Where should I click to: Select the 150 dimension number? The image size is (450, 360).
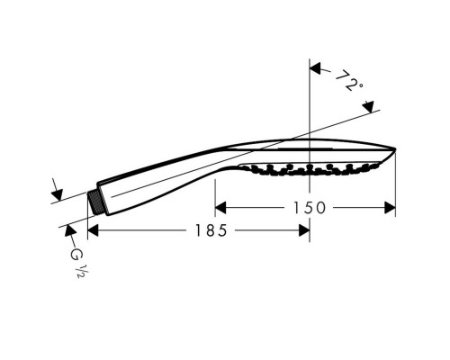[x=306, y=208]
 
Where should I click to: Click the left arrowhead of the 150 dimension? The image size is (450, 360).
[x=221, y=208]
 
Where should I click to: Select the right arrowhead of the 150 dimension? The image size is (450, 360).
[x=390, y=208]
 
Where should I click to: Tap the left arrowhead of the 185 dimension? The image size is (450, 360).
[x=93, y=230]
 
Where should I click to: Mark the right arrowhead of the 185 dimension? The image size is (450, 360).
[x=304, y=230]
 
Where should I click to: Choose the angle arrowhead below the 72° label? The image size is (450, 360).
[x=368, y=109]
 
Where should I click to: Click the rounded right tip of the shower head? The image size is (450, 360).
[x=395, y=150]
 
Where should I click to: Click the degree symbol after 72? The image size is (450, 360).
[x=360, y=88]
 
